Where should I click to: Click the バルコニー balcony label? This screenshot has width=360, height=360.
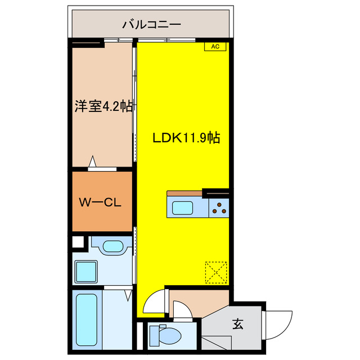(151, 24)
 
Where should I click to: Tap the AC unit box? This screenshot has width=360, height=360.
(215, 47)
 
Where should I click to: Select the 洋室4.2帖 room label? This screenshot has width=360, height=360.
(103, 106)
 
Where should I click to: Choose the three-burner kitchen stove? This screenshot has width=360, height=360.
(219, 208)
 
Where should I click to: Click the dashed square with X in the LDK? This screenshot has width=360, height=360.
(215, 272)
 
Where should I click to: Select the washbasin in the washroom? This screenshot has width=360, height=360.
(114, 246)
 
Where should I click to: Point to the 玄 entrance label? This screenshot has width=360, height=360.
(238, 325)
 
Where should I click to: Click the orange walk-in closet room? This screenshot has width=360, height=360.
(101, 201)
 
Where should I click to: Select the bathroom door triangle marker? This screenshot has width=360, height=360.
(128, 294)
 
